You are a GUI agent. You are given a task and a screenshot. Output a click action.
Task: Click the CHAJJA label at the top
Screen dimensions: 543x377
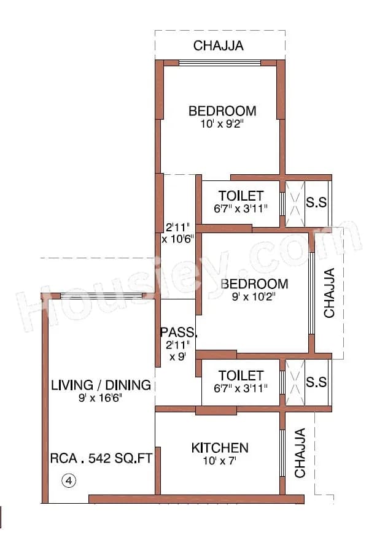(219, 45)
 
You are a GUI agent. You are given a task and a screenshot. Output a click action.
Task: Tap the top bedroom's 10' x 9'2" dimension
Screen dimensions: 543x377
(222, 123)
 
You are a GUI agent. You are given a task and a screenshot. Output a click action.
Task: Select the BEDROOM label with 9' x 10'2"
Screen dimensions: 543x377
(254, 284)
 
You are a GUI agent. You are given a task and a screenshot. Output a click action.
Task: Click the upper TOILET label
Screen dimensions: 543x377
(241, 196)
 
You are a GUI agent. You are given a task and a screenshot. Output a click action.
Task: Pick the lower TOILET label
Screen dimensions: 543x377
(241, 375)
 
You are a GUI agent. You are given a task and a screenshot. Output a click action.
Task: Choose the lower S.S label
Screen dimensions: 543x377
(316, 382)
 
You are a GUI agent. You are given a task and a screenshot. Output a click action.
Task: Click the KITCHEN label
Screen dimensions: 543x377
(220, 447)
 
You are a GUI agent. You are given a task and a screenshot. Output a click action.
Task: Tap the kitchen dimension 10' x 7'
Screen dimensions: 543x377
(220, 460)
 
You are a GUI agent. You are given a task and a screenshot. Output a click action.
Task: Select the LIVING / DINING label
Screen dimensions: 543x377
(101, 385)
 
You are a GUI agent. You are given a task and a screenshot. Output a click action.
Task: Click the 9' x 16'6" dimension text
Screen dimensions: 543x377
(101, 398)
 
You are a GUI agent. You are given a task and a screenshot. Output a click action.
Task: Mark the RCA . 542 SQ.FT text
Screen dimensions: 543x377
(101, 458)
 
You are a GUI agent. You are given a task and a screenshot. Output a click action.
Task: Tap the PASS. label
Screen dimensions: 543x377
(179, 333)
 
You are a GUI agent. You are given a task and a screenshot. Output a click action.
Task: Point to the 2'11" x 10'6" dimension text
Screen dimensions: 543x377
(178, 233)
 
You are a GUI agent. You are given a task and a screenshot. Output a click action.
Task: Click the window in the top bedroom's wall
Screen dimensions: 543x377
(219, 63)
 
